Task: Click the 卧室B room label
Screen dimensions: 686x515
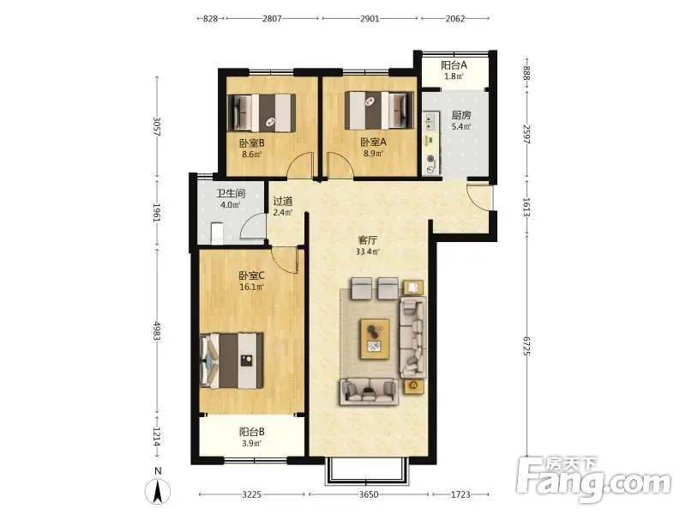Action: click(251, 143)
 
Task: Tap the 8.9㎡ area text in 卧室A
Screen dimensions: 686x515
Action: click(373, 154)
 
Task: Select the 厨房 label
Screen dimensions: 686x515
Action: click(461, 115)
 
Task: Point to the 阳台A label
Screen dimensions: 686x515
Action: click(454, 65)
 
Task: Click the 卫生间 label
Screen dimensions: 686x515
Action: click(231, 194)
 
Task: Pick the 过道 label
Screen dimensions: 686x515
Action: click(283, 202)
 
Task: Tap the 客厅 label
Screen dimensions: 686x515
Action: click(368, 240)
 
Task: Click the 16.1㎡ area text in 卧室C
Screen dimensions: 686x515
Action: click(251, 288)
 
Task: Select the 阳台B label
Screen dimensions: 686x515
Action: click(251, 433)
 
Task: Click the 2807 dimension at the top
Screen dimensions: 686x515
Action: click(272, 19)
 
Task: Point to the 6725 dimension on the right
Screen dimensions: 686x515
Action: click(527, 346)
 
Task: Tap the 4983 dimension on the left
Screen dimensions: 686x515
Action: click(158, 330)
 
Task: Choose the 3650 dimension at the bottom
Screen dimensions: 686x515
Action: click(369, 494)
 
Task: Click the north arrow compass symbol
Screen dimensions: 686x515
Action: click(158, 490)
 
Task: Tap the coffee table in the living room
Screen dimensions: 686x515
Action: click(375, 339)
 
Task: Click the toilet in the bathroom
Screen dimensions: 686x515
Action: click(217, 233)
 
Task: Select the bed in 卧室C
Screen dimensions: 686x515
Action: click(232, 360)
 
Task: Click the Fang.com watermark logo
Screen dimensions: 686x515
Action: click(593, 480)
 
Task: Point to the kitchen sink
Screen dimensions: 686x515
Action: click(431, 121)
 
